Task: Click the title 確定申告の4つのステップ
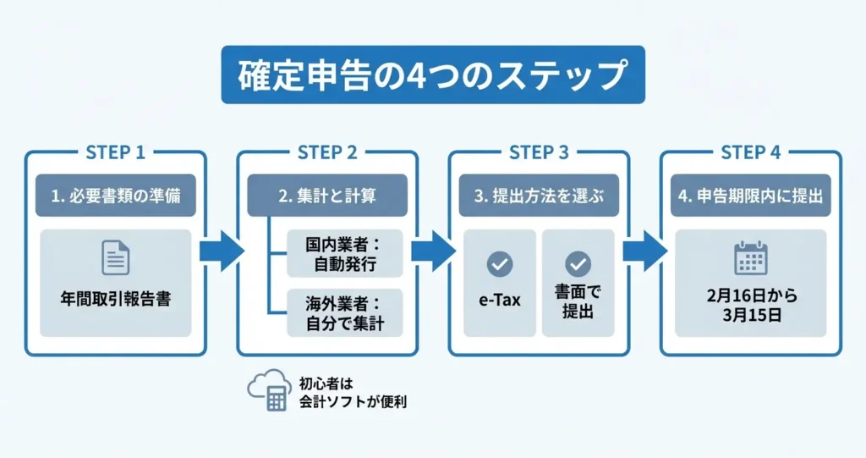pos(432,74)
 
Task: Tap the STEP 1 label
pos(116,152)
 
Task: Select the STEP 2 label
pos(327,152)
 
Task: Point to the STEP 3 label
pos(539,152)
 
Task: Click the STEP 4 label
pos(750,152)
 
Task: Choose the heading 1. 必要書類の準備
pos(116,196)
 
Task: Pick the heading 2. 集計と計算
pos(327,196)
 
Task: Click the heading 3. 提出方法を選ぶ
pos(539,196)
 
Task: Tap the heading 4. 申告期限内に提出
pos(750,196)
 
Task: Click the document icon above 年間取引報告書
pos(116,257)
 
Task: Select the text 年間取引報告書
pos(116,300)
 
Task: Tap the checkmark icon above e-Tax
pos(500,264)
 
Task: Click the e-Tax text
pos(500,301)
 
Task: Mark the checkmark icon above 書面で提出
pos(578,264)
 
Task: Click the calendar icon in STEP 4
pos(750,257)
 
